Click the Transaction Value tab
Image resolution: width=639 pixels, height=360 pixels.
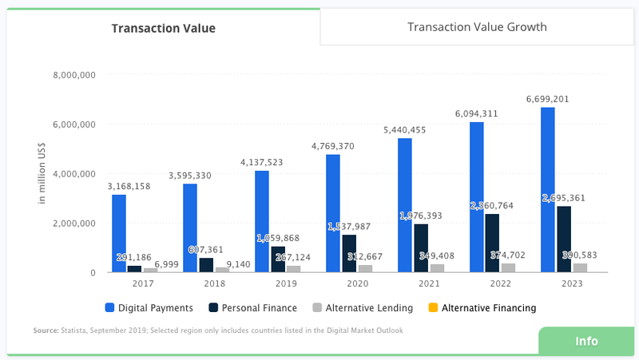pyautogui.click(x=163, y=29)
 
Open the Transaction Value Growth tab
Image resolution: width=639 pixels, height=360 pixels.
pyautogui.click(x=477, y=27)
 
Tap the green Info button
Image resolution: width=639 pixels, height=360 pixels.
pyautogui.click(x=586, y=341)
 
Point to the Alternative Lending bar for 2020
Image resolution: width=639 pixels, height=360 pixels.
pyautogui.click(x=365, y=268)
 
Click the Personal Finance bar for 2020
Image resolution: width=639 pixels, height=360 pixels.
pyautogui.click(x=350, y=253)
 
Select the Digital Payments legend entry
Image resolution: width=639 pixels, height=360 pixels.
pyautogui.click(x=149, y=308)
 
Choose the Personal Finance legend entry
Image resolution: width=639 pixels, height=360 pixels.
pyautogui.click(x=252, y=308)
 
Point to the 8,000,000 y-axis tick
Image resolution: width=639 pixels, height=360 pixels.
pyautogui.click(x=74, y=75)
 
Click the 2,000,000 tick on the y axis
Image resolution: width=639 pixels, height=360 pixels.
pyautogui.click(x=74, y=224)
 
